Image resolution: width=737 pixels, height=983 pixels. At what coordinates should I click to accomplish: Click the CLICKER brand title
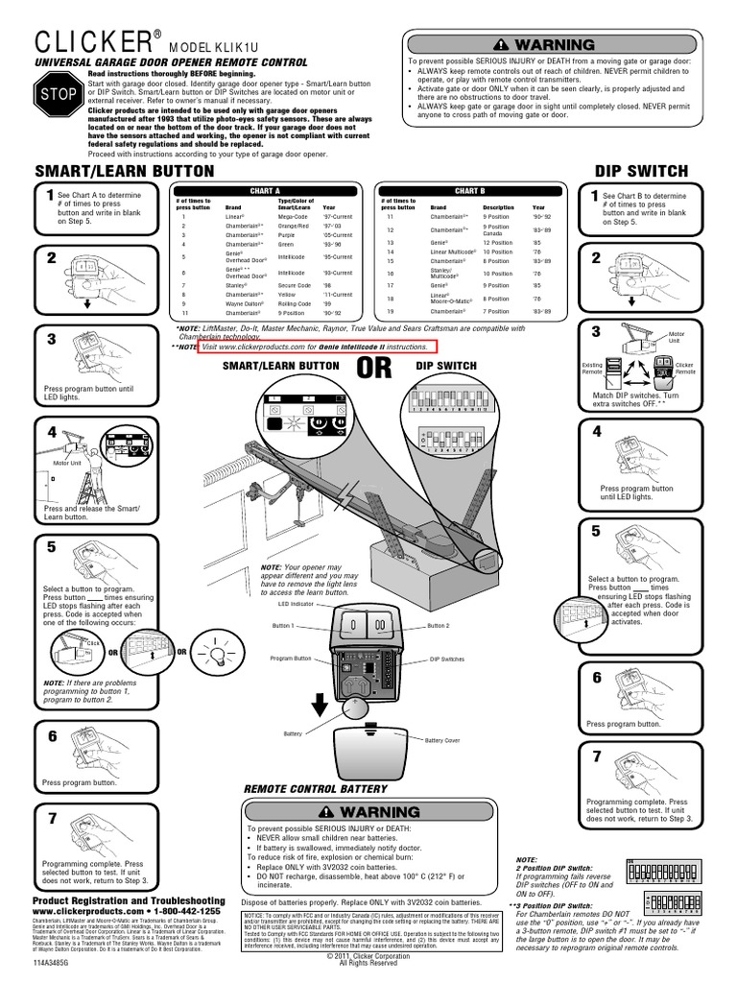tap(83, 44)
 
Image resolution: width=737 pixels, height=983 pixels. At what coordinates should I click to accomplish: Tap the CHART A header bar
tap(264, 191)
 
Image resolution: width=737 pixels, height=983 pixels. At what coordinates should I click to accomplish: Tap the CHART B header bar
tap(469, 191)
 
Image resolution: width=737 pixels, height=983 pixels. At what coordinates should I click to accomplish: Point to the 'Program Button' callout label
tap(291, 659)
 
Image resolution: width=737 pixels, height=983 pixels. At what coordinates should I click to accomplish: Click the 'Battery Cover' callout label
tap(442, 740)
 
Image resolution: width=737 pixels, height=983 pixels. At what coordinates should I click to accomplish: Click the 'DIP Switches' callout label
tap(446, 659)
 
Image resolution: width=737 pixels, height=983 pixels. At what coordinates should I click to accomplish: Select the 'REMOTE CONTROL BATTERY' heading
tap(317, 788)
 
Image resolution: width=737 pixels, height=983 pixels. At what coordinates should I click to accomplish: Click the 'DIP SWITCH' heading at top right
tap(642, 171)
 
